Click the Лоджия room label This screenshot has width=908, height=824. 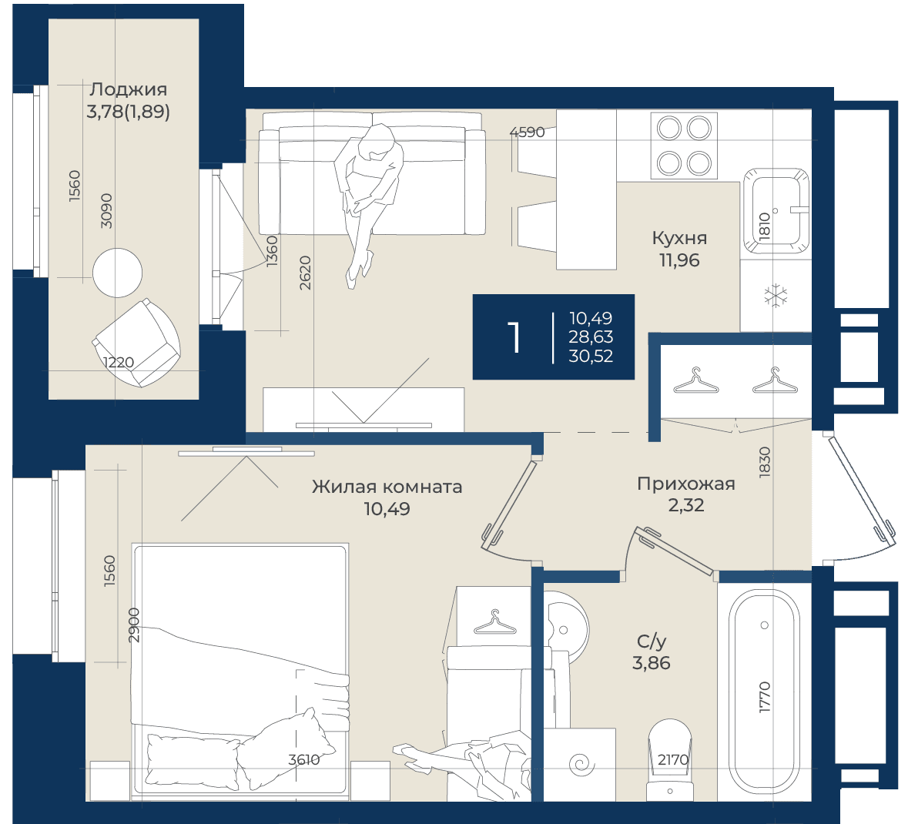129,89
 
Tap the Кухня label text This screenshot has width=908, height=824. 679,237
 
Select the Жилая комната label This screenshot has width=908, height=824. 387,487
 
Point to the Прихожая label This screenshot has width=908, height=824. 686,484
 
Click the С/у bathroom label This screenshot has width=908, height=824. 652,641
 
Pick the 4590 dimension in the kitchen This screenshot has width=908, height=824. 527,132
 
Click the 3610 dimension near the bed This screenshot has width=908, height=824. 304,759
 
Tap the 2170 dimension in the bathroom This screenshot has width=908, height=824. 673,759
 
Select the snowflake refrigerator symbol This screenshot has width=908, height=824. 776,295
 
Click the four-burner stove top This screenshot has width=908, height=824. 684,145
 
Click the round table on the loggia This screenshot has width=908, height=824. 118,273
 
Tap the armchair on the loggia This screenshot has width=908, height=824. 137,342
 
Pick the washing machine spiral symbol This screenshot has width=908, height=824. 581,765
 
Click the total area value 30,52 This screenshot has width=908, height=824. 591,356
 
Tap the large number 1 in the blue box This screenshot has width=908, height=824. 514,337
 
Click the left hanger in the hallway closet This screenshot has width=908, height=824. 696,380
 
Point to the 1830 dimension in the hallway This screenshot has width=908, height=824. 765,462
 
